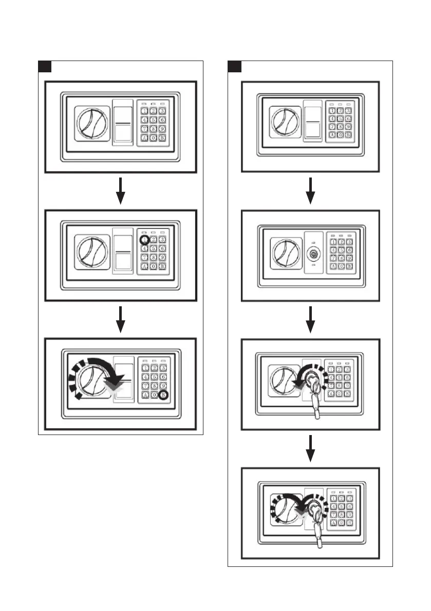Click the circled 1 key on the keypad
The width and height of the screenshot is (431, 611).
tap(145, 239)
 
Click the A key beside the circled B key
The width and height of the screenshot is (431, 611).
tap(145, 395)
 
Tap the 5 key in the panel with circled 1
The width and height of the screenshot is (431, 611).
tap(154, 248)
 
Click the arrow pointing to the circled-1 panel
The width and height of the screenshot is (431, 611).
tap(120, 191)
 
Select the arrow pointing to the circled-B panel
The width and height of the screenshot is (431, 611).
tap(120, 319)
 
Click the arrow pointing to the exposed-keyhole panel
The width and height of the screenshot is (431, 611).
tap(310, 191)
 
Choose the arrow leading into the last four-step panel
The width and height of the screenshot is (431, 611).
tap(310, 448)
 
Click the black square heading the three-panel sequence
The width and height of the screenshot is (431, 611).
tap(45, 67)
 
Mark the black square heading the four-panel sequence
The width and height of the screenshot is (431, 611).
tap(235, 67)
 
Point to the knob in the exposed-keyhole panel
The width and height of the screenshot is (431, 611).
tap(282, 253)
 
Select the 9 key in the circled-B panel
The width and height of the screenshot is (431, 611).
tap(162, 385)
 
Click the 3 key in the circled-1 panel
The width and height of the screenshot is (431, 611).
tap(162, 239)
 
